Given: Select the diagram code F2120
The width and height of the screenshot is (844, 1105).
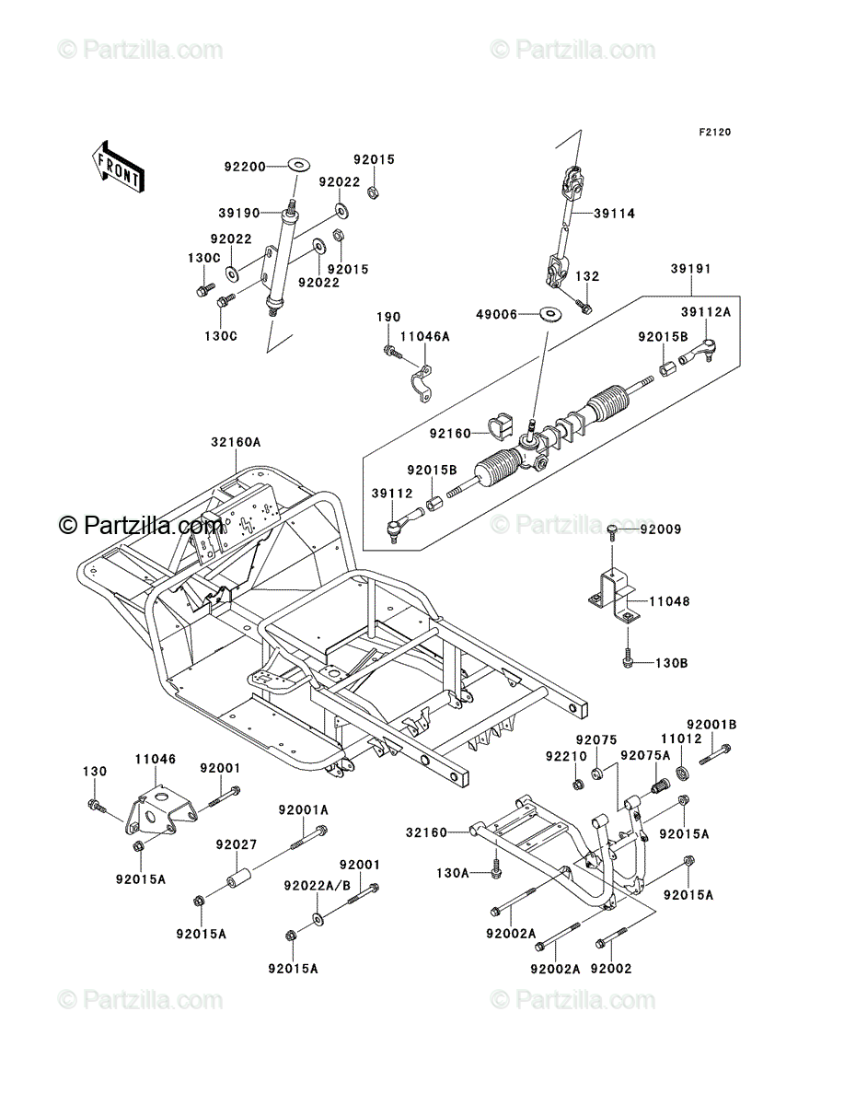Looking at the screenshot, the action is pos(714,133).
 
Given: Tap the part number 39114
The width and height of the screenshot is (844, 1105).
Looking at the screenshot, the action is pos(614,214).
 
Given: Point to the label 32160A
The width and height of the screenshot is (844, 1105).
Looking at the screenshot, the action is pos(236,442).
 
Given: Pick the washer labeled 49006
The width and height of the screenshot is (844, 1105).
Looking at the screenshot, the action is pos(550,314).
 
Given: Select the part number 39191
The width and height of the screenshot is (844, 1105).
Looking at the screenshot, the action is pos(690,269).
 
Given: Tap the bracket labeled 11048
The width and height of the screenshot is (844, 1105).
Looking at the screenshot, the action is pos(614,598).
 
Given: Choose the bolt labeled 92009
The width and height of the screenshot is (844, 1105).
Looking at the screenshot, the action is pos(612,531).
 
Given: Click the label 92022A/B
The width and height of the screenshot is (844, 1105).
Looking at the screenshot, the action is pos(317,886).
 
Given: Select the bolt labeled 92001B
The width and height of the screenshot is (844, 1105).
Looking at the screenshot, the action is pos(713,755).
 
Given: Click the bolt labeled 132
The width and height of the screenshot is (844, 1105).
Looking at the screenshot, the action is pos(584,306).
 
